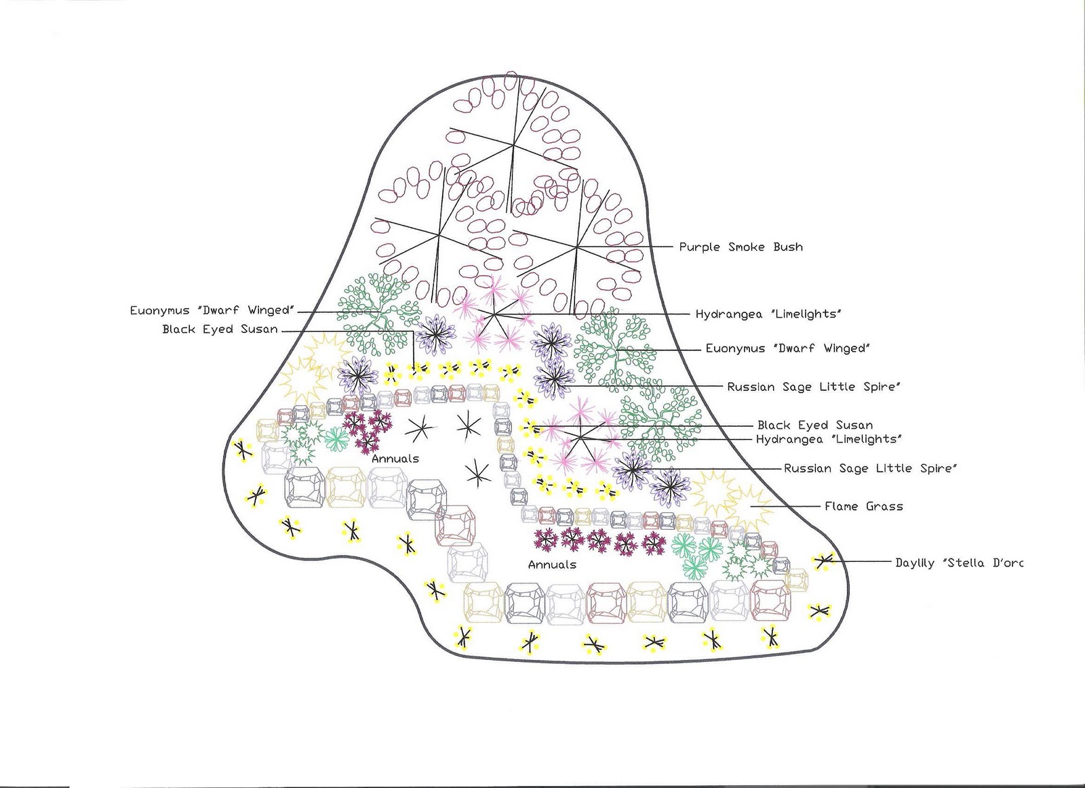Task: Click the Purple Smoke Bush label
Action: click(x=741, y=247)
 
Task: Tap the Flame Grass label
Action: click(x=863, y=506)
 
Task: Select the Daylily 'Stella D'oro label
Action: click(x=958, y=562)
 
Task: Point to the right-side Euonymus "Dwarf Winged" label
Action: click(x=787, y=349)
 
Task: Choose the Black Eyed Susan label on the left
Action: click(x=220, y=330)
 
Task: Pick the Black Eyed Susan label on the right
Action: click(x=814, y=426)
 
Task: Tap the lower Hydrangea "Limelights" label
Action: click(x=828, y=440)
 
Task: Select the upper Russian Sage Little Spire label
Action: click(x=814, y=388)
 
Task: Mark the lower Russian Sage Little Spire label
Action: click(x=870, y=468)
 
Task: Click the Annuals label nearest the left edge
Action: click(x=395, y=459)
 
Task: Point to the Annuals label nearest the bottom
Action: click(x=552, y=564)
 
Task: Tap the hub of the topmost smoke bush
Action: click(x=514, y=144)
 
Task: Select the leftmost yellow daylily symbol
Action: click(x=242, y=449)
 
